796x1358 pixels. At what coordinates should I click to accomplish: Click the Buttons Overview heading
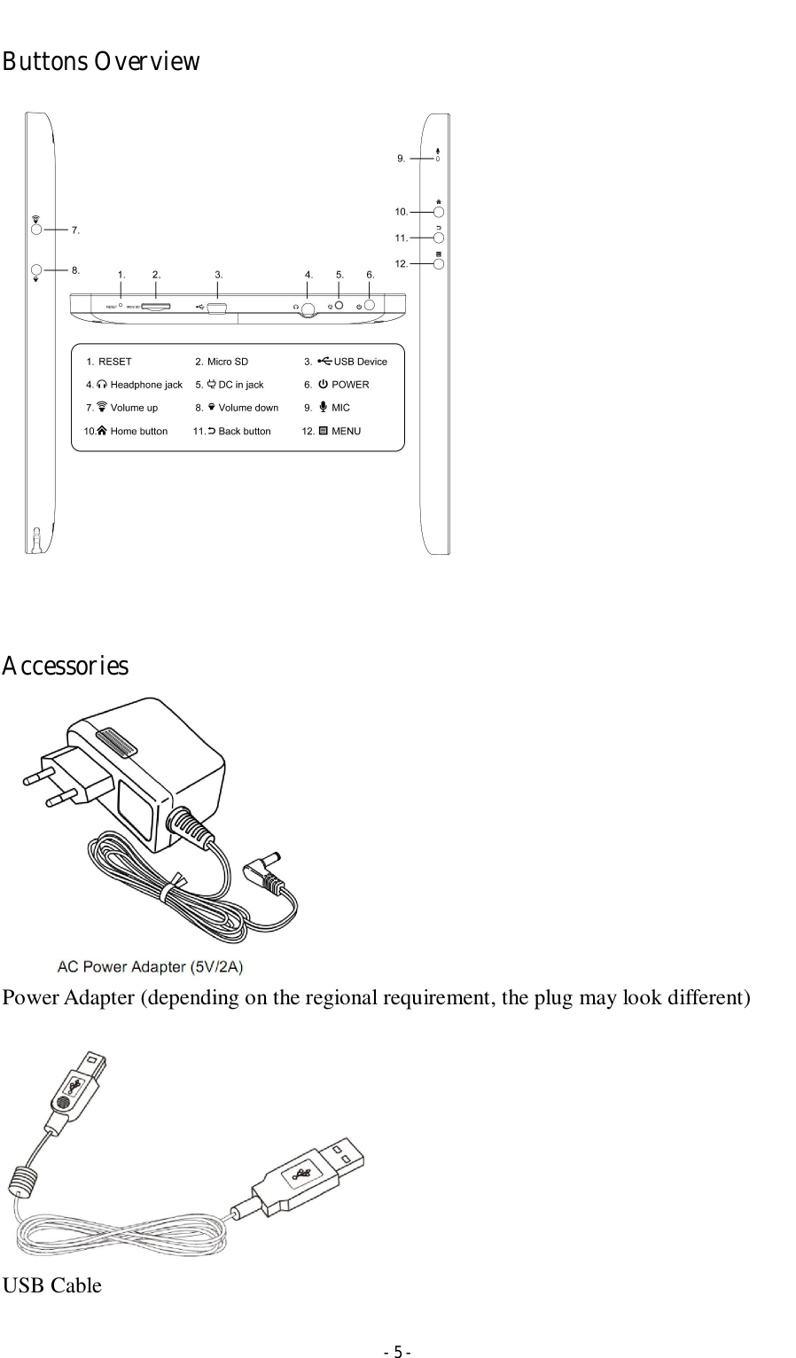(x=100, y=62)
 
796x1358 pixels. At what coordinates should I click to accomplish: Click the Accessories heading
(x=65, y=666)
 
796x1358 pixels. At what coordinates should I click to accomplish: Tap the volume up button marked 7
(x=36, y=229)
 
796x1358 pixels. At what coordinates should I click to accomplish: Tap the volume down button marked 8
(x=36, y=269)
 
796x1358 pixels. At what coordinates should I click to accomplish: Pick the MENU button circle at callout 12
(x=439, y=263)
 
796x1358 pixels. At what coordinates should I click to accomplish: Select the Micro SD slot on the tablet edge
(x=156, y=307)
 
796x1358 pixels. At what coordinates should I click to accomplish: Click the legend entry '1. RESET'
(x=109, y=362)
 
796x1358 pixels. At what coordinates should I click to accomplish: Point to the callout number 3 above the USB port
(x=219, y=275)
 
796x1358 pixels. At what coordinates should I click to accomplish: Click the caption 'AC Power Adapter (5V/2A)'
(x=151, y=966)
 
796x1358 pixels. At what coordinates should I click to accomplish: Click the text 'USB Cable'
(x=51, y=1285)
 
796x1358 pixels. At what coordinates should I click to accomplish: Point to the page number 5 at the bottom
(x=397, y=1352)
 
